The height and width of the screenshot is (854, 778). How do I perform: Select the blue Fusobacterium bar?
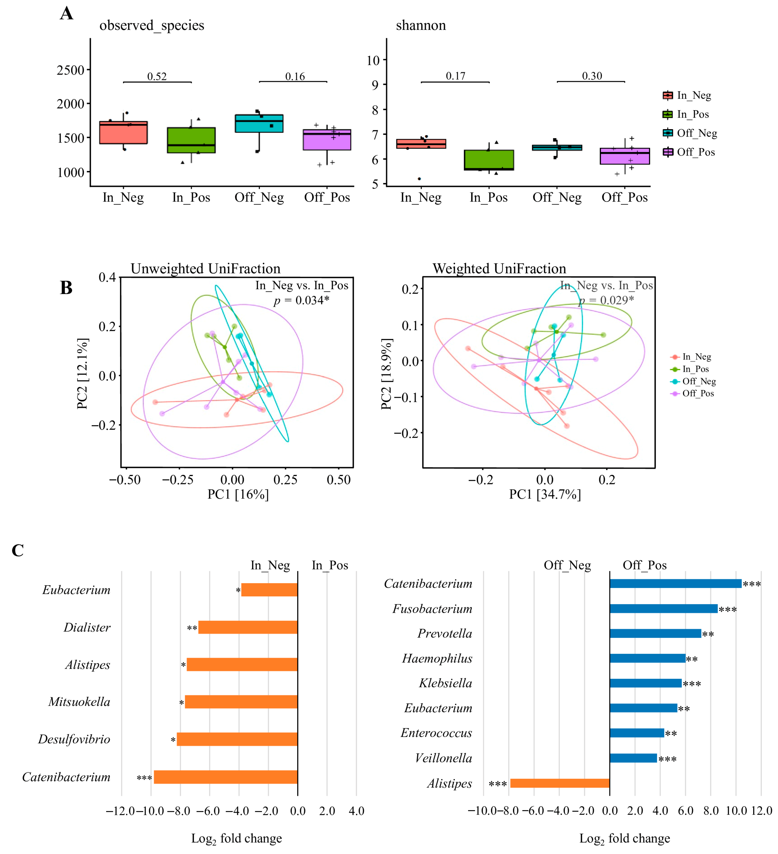(663, 609)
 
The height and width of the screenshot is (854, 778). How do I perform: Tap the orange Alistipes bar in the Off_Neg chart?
(560, 783)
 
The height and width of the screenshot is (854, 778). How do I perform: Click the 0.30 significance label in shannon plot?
(592, 76)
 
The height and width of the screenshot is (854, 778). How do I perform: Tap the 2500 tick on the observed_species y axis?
(71, 70)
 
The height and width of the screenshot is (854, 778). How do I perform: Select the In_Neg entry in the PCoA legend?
(696, 357)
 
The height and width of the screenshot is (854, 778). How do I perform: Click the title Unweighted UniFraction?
(205, 269)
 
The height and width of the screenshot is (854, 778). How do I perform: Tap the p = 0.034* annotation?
(301, 300)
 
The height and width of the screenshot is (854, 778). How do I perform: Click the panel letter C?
(18, 550)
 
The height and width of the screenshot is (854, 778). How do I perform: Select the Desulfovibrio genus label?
(74, 739)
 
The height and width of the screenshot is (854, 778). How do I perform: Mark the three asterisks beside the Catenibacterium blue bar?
(752, 584)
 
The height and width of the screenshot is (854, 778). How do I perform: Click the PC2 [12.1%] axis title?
(83, 374)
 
